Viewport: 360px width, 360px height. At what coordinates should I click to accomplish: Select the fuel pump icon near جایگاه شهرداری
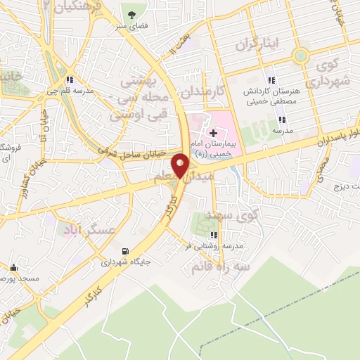[125, 251]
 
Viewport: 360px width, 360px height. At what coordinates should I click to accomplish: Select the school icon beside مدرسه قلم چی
[69, 79]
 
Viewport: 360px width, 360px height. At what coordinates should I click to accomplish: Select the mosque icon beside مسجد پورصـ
[13, 267]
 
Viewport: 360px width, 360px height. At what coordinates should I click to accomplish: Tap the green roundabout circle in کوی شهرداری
[301, 55]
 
